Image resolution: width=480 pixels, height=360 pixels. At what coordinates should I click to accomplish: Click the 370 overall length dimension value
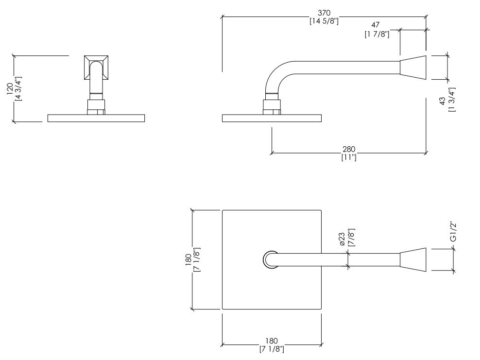tap(324, 13)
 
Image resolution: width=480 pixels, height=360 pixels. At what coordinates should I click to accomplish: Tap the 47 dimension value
tap(376, 25)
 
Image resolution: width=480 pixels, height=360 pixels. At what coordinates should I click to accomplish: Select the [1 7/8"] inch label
tap(377, 34)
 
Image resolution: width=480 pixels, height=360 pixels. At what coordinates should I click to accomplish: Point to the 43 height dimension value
tap(442, 101)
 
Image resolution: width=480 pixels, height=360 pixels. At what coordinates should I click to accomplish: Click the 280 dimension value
tap(349, 149)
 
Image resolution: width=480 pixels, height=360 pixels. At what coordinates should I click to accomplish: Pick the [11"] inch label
tap(349, 158)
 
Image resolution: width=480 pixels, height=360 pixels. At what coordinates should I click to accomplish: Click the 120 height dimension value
tap(10, 89)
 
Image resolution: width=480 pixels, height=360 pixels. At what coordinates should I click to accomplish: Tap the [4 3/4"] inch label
tap(18, 89)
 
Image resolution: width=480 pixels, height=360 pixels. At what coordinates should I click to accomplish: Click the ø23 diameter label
tap(342, 239)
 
